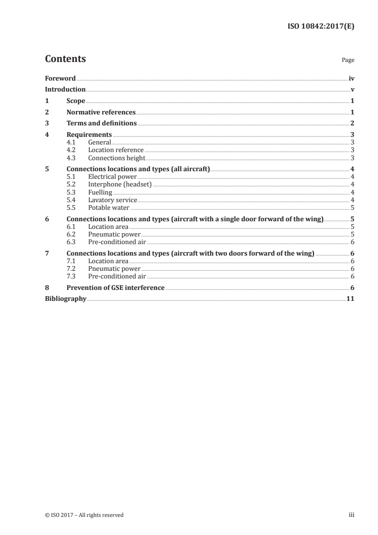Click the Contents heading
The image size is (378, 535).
point(65,59)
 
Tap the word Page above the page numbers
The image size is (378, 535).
point(348,61)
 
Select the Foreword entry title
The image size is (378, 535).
point(60,78)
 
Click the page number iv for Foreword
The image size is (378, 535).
point(351,78)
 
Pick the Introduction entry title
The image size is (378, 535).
point(65,90)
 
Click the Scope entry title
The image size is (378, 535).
point(76,101)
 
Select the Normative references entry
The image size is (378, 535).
point(101,113)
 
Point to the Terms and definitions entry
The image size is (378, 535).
point(102,123)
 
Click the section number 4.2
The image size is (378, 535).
point(72,150)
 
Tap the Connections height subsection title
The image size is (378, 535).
point(116,158)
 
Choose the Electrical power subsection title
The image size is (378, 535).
point(112,177)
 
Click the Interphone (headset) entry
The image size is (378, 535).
point(120,185)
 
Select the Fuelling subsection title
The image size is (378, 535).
point(100,192)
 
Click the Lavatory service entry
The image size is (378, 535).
point(112,200)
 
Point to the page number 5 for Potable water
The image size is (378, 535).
point(352,207)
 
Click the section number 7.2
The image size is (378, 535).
point(72,269)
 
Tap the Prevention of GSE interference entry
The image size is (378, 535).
point(116,288)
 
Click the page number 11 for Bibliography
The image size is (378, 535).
point(350,299)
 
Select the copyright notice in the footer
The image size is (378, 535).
point(84,515)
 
